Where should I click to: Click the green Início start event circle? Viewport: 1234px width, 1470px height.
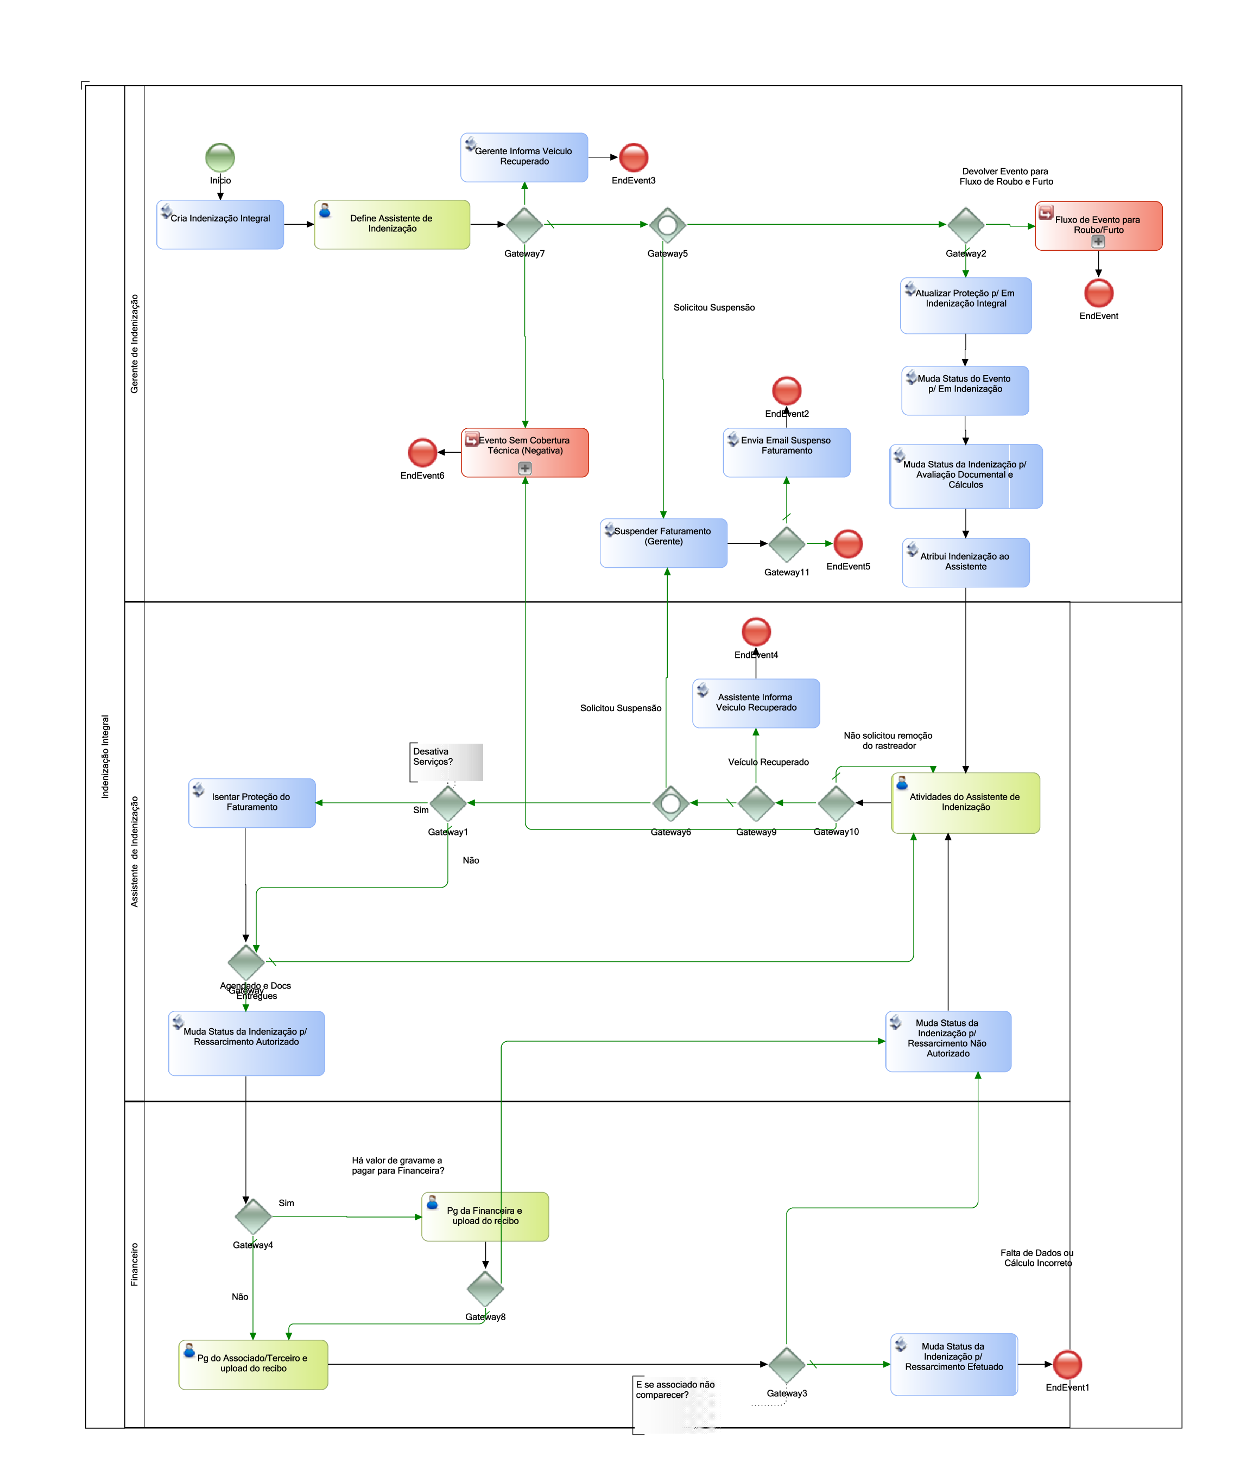coord(220,157)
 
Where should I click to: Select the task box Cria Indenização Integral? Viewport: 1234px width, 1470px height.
coord(220,225)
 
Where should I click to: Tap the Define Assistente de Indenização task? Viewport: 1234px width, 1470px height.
coord(392,225)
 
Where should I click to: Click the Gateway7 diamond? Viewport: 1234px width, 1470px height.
coord(524,225)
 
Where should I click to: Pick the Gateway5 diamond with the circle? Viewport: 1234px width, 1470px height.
coord(668,225)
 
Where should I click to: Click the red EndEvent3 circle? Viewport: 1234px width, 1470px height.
coord(634,157)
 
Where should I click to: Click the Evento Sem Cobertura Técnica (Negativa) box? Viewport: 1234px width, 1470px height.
coord(525,453)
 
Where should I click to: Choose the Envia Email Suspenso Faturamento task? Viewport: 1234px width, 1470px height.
coord(787,453)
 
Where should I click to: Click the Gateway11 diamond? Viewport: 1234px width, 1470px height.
coord(787,544)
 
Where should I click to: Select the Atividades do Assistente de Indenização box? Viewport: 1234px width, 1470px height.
coord(966,803)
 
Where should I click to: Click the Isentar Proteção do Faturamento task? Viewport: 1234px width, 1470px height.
coord(252,803)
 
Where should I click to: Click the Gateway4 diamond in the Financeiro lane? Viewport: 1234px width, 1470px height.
coord(252,1216)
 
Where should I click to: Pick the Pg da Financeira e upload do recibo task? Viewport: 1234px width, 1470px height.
coord(485,1216)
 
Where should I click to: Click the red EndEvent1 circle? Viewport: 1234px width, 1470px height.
coord(1067,1364)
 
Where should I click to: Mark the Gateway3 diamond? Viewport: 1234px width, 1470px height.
coord(787,1364)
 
